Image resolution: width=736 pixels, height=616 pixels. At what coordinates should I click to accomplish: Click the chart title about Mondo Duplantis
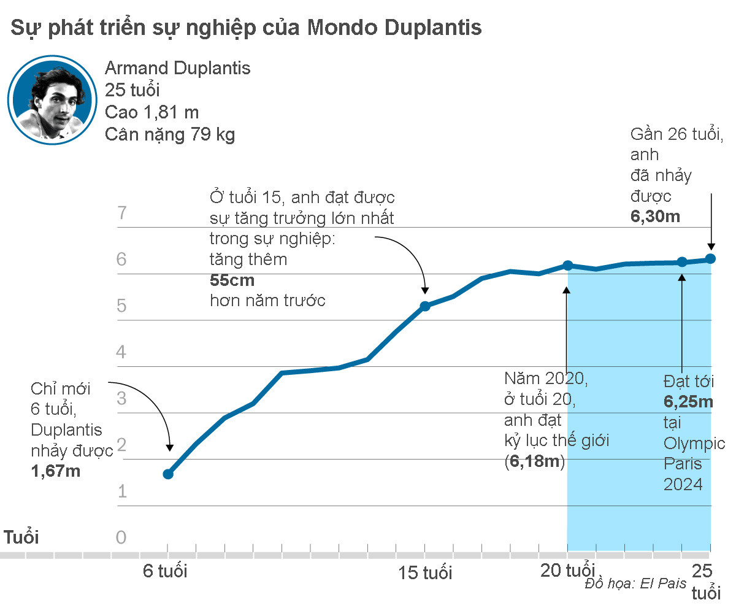point(245,28)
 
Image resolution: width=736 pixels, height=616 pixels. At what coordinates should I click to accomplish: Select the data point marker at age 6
point(168,474)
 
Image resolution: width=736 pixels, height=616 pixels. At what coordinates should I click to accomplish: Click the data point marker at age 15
point(424,306)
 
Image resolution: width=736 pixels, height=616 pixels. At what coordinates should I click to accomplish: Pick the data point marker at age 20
point(568,266)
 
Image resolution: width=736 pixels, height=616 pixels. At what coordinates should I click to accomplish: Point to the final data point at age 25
point(710,259)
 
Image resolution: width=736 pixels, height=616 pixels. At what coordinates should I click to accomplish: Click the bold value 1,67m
point(56,471)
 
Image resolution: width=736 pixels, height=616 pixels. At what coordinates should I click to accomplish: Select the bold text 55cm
point(232,280)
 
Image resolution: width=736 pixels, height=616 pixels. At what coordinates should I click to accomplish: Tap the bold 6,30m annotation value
point(655,217)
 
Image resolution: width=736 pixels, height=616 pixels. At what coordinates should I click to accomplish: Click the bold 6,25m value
point(688,402)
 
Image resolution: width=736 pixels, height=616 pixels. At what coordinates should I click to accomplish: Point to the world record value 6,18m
point(534,461)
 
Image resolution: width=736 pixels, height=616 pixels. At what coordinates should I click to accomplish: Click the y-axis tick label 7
point(121,214)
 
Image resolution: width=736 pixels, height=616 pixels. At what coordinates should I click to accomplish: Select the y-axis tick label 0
point(121,537)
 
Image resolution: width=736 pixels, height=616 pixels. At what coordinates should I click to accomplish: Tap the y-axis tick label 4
point(121,352)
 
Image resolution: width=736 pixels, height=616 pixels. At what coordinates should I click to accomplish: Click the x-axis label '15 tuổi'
point(425,573)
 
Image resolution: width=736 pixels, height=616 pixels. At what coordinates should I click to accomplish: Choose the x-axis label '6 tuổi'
point(166,571)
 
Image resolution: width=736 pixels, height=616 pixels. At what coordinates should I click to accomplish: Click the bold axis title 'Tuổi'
point(21,537)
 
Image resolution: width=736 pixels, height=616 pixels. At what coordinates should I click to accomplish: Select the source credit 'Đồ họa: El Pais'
point(635,583)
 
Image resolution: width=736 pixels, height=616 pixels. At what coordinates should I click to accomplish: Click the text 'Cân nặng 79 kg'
point(170,134)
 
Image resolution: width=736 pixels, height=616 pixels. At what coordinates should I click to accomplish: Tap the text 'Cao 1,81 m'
point(151,112)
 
